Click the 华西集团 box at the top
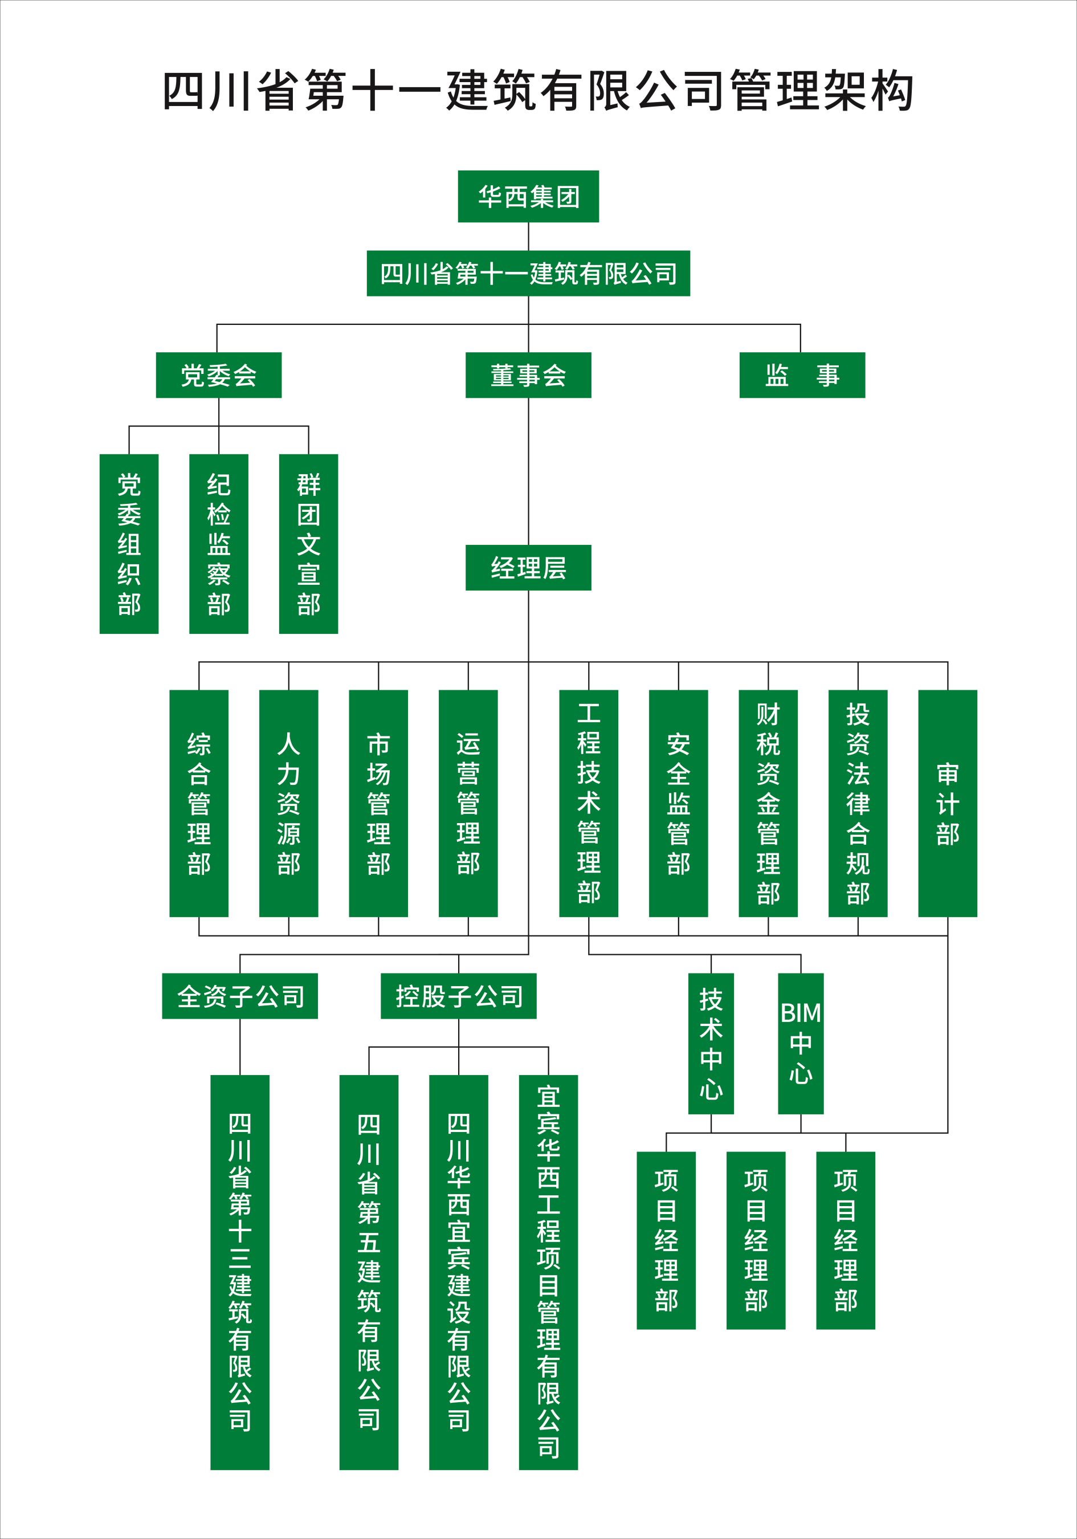coord(528,197)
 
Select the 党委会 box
coord(218,376)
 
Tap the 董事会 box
coord(528,376)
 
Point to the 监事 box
coord(802,376)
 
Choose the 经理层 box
coord(528,568)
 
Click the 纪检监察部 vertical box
coord(218,544)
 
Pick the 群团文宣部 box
coord(308,544)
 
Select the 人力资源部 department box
coord(289,803)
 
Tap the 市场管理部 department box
coord(378,803)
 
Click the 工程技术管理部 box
coord(589,803)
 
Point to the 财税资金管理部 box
coord(768,803)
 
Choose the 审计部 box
coord(948,803)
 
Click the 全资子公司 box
coord(240,996)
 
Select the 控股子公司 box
coord(458,996)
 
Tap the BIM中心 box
coord(801,1044)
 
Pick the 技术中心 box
coord(711,1044)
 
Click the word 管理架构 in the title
coord(821,91)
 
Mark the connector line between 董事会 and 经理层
coord(528,471)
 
